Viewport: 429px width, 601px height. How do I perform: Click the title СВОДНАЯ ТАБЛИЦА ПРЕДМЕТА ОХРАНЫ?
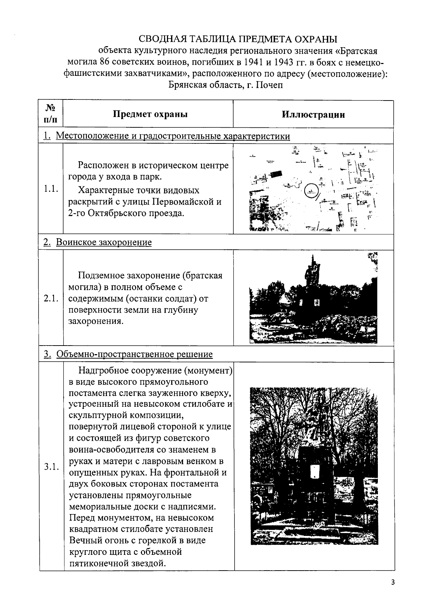(238, 39)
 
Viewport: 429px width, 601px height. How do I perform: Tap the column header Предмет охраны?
(150, 114)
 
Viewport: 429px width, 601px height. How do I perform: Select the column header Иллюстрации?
(313, 114)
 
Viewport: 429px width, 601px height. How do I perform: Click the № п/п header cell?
(50, 113)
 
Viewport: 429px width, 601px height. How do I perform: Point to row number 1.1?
(51, 189)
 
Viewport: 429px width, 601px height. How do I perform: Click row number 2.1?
(51, 298)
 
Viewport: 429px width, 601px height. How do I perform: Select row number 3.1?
(51, 467)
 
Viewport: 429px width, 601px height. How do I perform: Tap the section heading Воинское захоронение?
(104, 242)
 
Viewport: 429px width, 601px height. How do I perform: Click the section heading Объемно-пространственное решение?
(134, 354)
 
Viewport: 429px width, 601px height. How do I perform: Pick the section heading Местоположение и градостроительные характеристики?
(173, 136)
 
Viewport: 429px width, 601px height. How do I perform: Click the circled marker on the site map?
(311, 191)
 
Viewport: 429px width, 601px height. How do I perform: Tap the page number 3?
(393, 582)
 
